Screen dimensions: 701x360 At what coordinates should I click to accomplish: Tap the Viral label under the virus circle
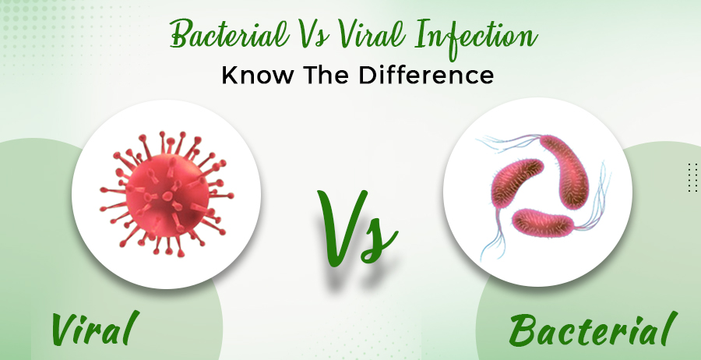pyautogui.click(x=95, y=329)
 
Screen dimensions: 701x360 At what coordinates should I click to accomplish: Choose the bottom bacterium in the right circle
pyautogui.click(x=543, y=223)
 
